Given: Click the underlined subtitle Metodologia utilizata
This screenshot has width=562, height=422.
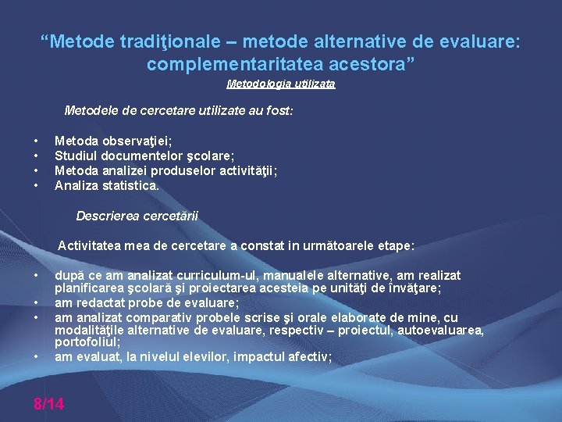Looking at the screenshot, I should point(281,84).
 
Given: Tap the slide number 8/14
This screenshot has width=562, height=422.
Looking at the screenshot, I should point(48,404).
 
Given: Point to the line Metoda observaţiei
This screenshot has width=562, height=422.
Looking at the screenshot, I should point(113,141).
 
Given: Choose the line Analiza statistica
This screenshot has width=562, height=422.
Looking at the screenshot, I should point(106,186).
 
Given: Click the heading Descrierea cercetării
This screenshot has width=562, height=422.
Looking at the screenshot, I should point(137,216).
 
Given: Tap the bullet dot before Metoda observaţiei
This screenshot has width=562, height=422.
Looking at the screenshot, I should point(37,141).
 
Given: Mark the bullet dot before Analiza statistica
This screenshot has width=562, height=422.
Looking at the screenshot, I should point(37,186).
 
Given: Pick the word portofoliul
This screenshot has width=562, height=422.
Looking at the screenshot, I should point(87,342).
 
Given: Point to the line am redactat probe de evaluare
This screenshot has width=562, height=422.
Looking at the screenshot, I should point(147,302).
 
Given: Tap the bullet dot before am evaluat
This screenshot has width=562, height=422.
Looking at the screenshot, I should point(37,357).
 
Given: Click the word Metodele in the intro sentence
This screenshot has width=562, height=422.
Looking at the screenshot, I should point(88,112).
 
